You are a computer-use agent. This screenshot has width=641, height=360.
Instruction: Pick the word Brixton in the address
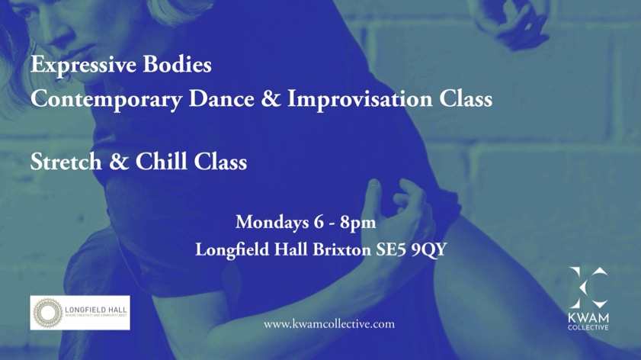pyautogui.click(x=342, y=249)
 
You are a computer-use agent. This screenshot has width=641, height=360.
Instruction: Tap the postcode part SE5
pyautogui.click(x=389, y=249)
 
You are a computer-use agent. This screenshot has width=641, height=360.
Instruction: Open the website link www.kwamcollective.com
pyautogui.click(x=329, y=324)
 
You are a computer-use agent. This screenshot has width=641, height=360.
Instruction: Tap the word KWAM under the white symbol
pyautogui.click(x=588, y=317)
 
